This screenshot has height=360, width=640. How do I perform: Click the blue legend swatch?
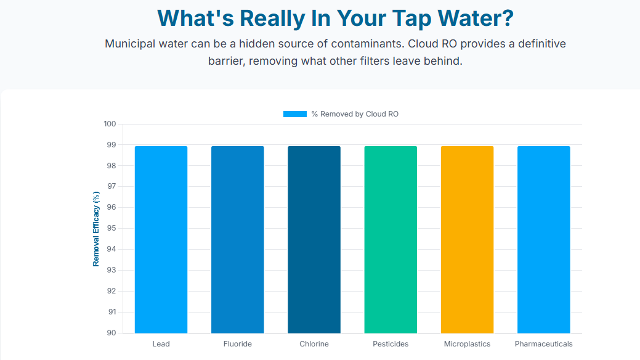(294, 114)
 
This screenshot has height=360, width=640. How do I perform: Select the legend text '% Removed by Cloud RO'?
(355, 114)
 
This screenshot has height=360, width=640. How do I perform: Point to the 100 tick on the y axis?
(110, 124)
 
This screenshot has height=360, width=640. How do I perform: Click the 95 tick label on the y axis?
(111, 228)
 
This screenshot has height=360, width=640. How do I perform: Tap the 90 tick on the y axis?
(111, 333)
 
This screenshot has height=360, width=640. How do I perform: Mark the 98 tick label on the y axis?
(111, 166)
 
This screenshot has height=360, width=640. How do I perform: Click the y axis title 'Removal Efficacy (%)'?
(96, 229)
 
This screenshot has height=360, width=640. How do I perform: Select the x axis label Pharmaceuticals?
(543, 344)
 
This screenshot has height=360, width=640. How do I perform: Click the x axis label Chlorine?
(314, 344)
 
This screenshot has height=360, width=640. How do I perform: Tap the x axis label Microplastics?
(467, 344)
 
